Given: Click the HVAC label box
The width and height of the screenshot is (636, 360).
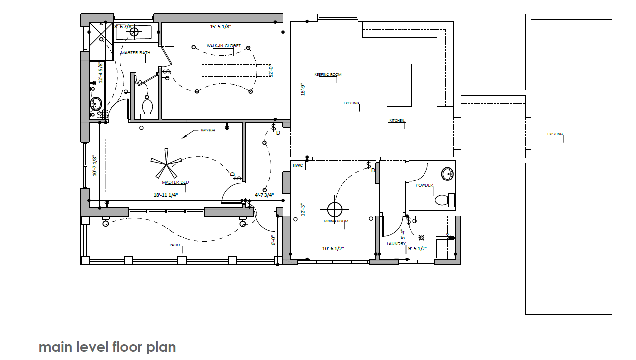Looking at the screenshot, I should click(298, 165).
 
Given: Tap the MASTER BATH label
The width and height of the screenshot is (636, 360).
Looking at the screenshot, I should click(135, 53).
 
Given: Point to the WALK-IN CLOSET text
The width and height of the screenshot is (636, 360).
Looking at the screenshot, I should click(223, 46).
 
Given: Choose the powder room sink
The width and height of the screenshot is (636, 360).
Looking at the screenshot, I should click(448, 174).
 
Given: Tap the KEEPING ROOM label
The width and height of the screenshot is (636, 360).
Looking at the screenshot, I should click(328, 75).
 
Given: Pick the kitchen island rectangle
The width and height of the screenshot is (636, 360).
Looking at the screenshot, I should click(399, 85).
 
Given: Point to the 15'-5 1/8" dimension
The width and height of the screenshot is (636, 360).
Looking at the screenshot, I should click(223, 26).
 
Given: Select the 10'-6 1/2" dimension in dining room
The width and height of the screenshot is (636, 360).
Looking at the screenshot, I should click(333, 248).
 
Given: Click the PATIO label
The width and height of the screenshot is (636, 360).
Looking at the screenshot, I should click(174, 245).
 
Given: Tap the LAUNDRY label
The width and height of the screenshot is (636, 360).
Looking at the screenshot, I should click(396, 244).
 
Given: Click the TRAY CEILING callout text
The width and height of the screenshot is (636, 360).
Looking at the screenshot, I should click(208, 131).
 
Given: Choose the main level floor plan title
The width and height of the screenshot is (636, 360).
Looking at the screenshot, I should click(107, 347).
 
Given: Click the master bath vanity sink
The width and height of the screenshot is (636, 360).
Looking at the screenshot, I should click(95, 104).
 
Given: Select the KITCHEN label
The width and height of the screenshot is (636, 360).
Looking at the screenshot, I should click(397, 121).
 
